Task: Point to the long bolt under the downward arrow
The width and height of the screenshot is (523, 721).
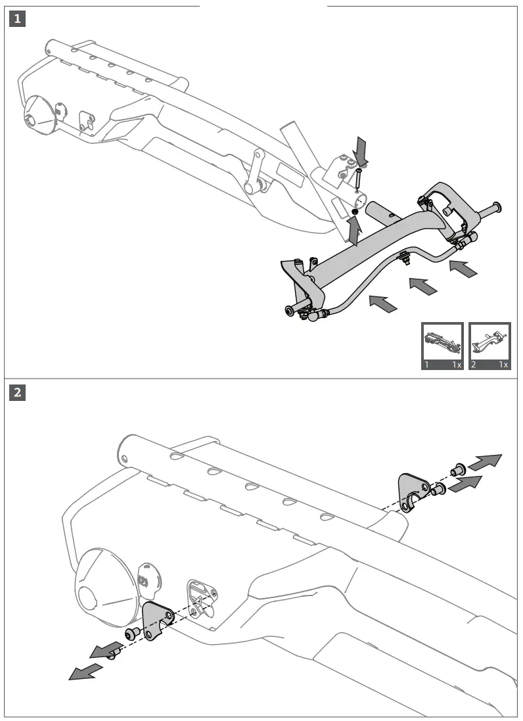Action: point(359,178)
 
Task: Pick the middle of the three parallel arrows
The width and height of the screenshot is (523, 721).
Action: point(422,286)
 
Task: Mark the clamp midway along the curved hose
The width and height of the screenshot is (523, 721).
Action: point(405,258)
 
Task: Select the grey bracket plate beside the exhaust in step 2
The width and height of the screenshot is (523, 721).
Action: point(155,621)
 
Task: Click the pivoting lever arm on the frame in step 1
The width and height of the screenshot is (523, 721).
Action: point(256,173)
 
